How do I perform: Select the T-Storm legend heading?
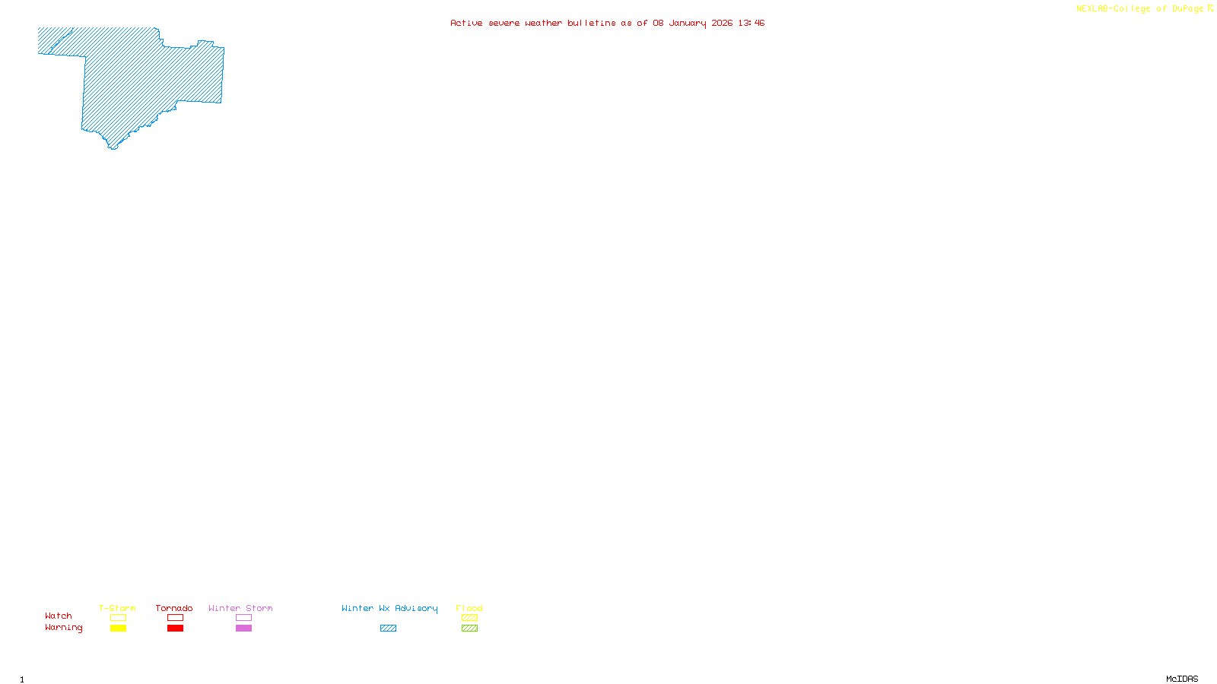(x=117, y=608)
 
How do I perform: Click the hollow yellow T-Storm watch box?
(x=118, y=618)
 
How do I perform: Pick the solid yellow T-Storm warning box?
(x=118, y=628)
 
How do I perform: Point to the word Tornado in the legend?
(x=174, y=608)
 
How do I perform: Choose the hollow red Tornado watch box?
(x=175, y=618)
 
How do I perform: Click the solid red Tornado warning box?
(x=175, y=628)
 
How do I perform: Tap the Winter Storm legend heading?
(x=240, y=608)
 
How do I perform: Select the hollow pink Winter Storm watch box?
(x=243, y=618)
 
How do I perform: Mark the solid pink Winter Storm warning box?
(x=243, y=628)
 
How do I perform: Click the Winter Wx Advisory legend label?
(x=389, y=608)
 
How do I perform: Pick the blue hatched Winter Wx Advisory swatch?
(x=388, y=628)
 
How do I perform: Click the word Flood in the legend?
(x=469, y=608)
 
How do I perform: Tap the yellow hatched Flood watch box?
(x=469, y=618)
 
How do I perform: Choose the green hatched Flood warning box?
(x=469, y=628)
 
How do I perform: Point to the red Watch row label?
(x=59, y=616)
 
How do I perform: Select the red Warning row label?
(x=63, y=628)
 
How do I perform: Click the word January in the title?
(x=688, y=23)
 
